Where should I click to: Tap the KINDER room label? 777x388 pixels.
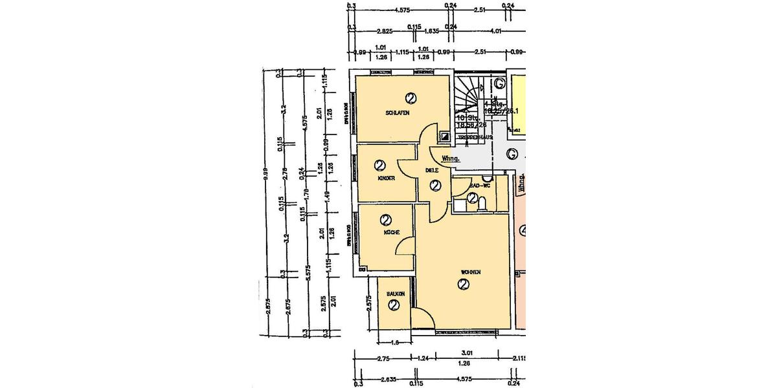pos(387,178)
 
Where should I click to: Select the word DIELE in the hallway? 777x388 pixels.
pos(433,171)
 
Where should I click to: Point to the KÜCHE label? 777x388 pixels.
pos(391,232)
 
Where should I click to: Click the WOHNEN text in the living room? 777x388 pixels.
pos(471,272)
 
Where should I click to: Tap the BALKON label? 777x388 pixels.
pos(396,294)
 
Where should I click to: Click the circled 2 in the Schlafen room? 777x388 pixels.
pos(410,98)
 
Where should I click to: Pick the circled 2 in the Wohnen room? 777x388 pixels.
pos(464,285)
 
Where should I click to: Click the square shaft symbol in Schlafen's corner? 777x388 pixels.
pos(444,136)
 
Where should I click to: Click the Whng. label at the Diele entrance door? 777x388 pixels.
pos(451,158)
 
